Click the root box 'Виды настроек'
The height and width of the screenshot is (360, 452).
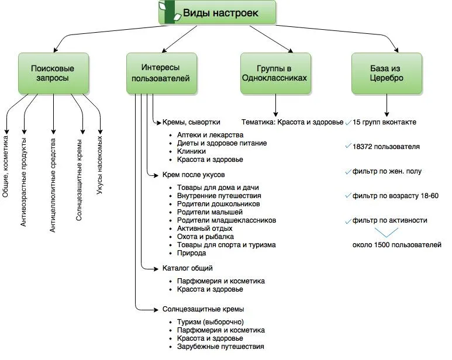tap(217, 13)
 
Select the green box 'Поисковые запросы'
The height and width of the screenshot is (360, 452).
tap(53, 74)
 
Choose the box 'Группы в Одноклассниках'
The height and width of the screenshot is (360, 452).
tap(274, 74)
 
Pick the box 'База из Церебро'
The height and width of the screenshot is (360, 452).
tap(387, 74)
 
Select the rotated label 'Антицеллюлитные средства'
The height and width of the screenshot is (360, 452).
tap(53, 186)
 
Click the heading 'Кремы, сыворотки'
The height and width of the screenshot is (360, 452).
tap(191, 122)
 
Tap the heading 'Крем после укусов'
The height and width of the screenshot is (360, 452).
tap(193, 174)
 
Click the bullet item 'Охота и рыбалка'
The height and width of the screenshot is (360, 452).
tap(205, 237)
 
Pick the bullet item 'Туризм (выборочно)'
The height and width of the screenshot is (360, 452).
tap(210, 322)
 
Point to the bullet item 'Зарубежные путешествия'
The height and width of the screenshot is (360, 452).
tap(220, 347)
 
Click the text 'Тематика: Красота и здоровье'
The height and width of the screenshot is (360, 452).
tap(292, 122)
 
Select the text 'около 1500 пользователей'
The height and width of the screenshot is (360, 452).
tap(396, 245)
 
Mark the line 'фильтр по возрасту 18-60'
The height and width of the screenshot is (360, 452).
tap(395, 196)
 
